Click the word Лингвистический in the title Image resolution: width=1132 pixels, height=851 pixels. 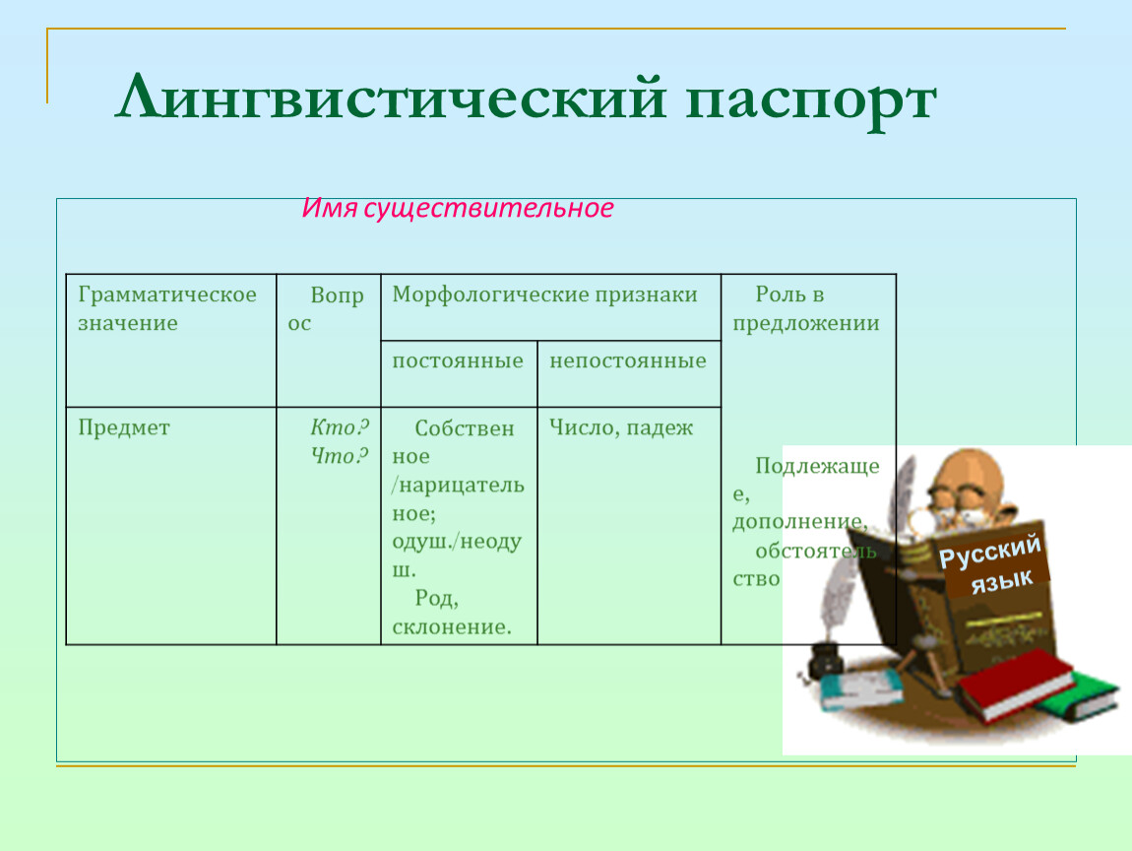click(392, 98)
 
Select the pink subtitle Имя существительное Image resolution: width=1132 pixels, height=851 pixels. click(457, 208)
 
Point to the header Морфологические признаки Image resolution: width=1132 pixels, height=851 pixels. click(544, 295)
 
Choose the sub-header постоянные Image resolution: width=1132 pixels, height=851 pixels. click(458, 360)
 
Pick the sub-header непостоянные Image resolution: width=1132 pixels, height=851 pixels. click(627, 360)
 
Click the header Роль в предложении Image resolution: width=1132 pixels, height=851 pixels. click(805, 308)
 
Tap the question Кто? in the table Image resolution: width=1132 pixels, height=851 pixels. click(340, 426)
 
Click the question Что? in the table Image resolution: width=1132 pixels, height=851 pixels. click(340, 456)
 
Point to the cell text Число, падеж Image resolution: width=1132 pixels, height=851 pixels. click(621, 427)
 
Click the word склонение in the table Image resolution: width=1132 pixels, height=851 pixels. click(451, 626)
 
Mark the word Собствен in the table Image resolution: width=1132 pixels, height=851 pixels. click(465, 427)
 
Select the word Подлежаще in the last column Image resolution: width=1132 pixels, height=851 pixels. click(817, 466)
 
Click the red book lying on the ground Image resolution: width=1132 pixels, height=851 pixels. click(1017, 682)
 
